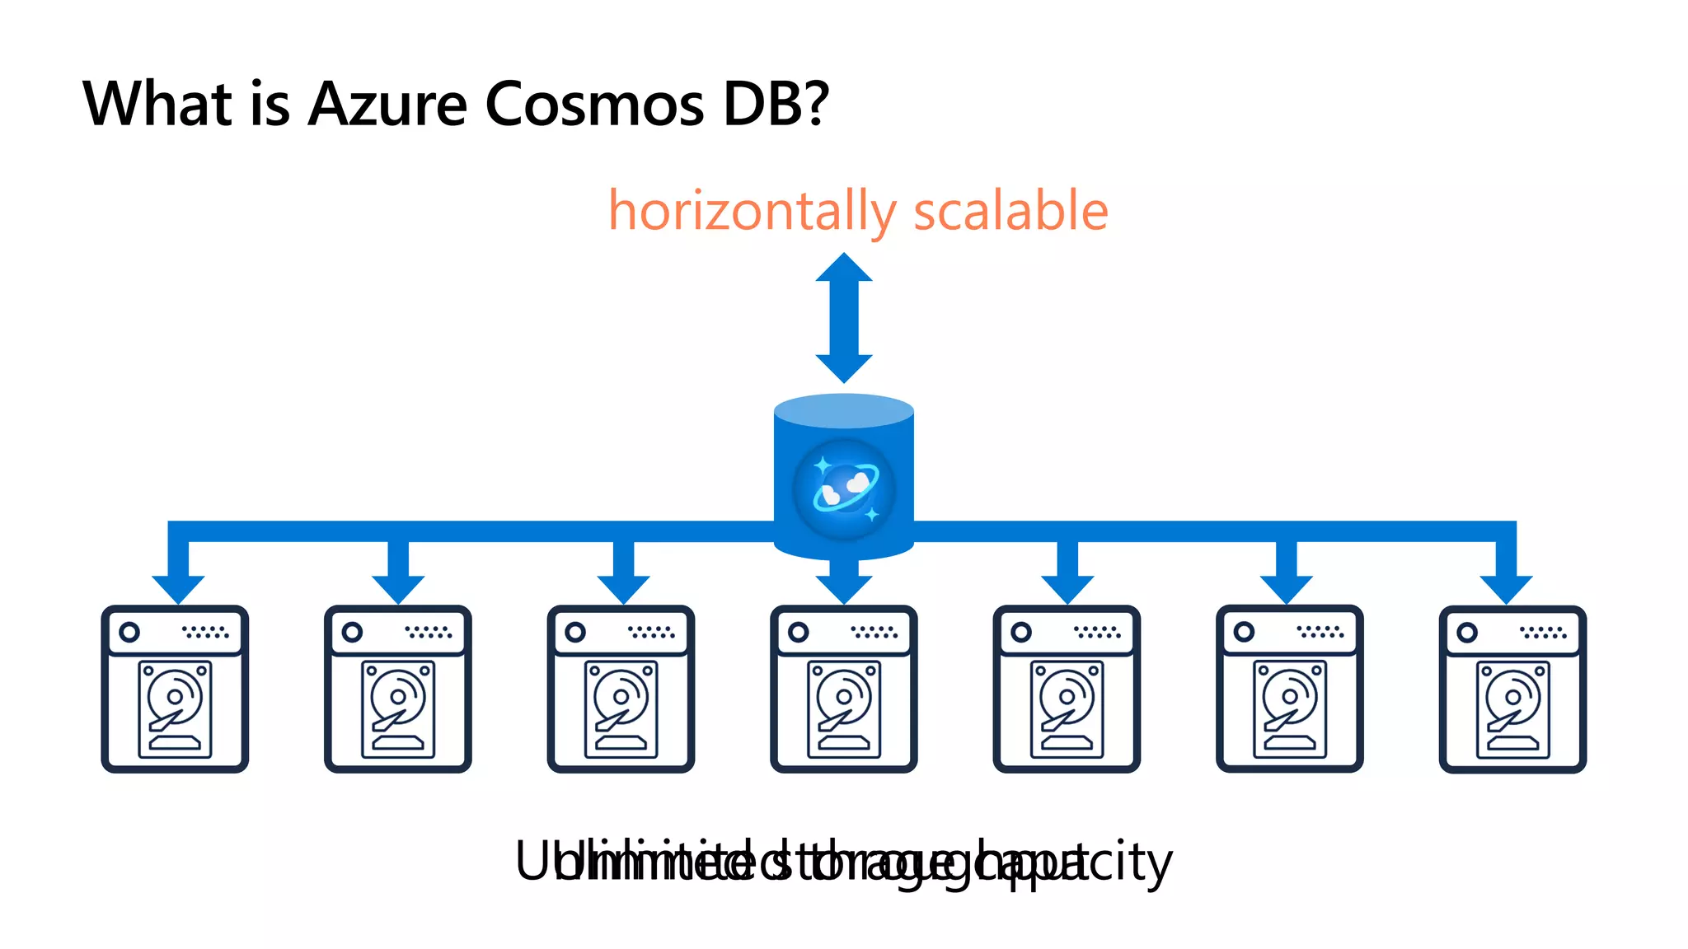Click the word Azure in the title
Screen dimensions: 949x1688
tap(387, 105)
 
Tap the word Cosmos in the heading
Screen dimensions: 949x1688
tap(594, 105)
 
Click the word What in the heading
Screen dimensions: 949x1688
tap(158, 105)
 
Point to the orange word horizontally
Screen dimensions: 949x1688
tap(751, 212)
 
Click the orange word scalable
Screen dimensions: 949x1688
tap(1010, 212)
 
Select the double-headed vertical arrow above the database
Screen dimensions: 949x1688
tap(844, 317)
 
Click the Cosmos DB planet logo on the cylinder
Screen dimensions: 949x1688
tap(844, 489)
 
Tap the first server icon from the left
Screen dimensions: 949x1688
tap(175, 689)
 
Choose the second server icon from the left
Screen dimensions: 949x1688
tap(398, 689)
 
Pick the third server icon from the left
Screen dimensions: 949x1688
tap(621, 689)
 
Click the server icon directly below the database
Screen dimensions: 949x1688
tap(844, 689)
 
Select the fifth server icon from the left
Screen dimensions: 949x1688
tap(1067, 689)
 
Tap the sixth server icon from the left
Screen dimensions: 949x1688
tap(1290, 689)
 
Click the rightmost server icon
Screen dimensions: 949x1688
tap(1512, 689)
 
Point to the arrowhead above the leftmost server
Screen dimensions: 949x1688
tap(178, 588)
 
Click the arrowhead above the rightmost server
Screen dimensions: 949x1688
tap(1506, 588)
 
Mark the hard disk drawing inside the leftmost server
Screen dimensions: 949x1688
tap(175, 709)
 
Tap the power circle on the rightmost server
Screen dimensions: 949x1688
tap(1467, 633)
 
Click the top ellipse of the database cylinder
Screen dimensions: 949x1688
tap(844, 411)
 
